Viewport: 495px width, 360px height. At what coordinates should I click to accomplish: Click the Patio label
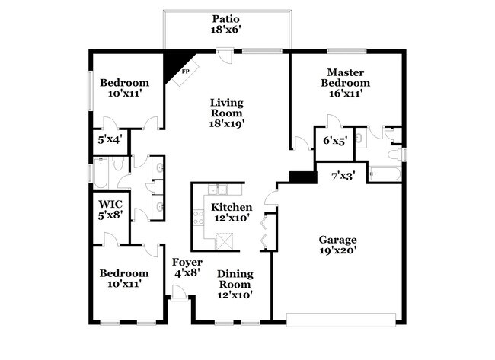pyautogui.click(x=226, y=18)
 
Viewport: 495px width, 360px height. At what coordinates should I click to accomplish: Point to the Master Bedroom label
pyautogui.click(x=345, y=77)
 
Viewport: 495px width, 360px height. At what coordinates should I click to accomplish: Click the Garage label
pyautogui.click(x=338, y=238)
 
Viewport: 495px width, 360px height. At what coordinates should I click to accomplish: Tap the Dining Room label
pyautogui.click(x=235, y=279)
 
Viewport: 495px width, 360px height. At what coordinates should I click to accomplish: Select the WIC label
pyautogui.click(x=110, y=204)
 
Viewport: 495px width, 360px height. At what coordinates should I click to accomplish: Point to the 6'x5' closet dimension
pyautogui.click(x=335, y=141)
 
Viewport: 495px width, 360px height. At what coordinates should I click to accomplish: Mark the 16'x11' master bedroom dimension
pyautogui.click(x=345, y=94)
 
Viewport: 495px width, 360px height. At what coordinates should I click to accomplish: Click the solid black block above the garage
pyautogui.click(x=303, y=177)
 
